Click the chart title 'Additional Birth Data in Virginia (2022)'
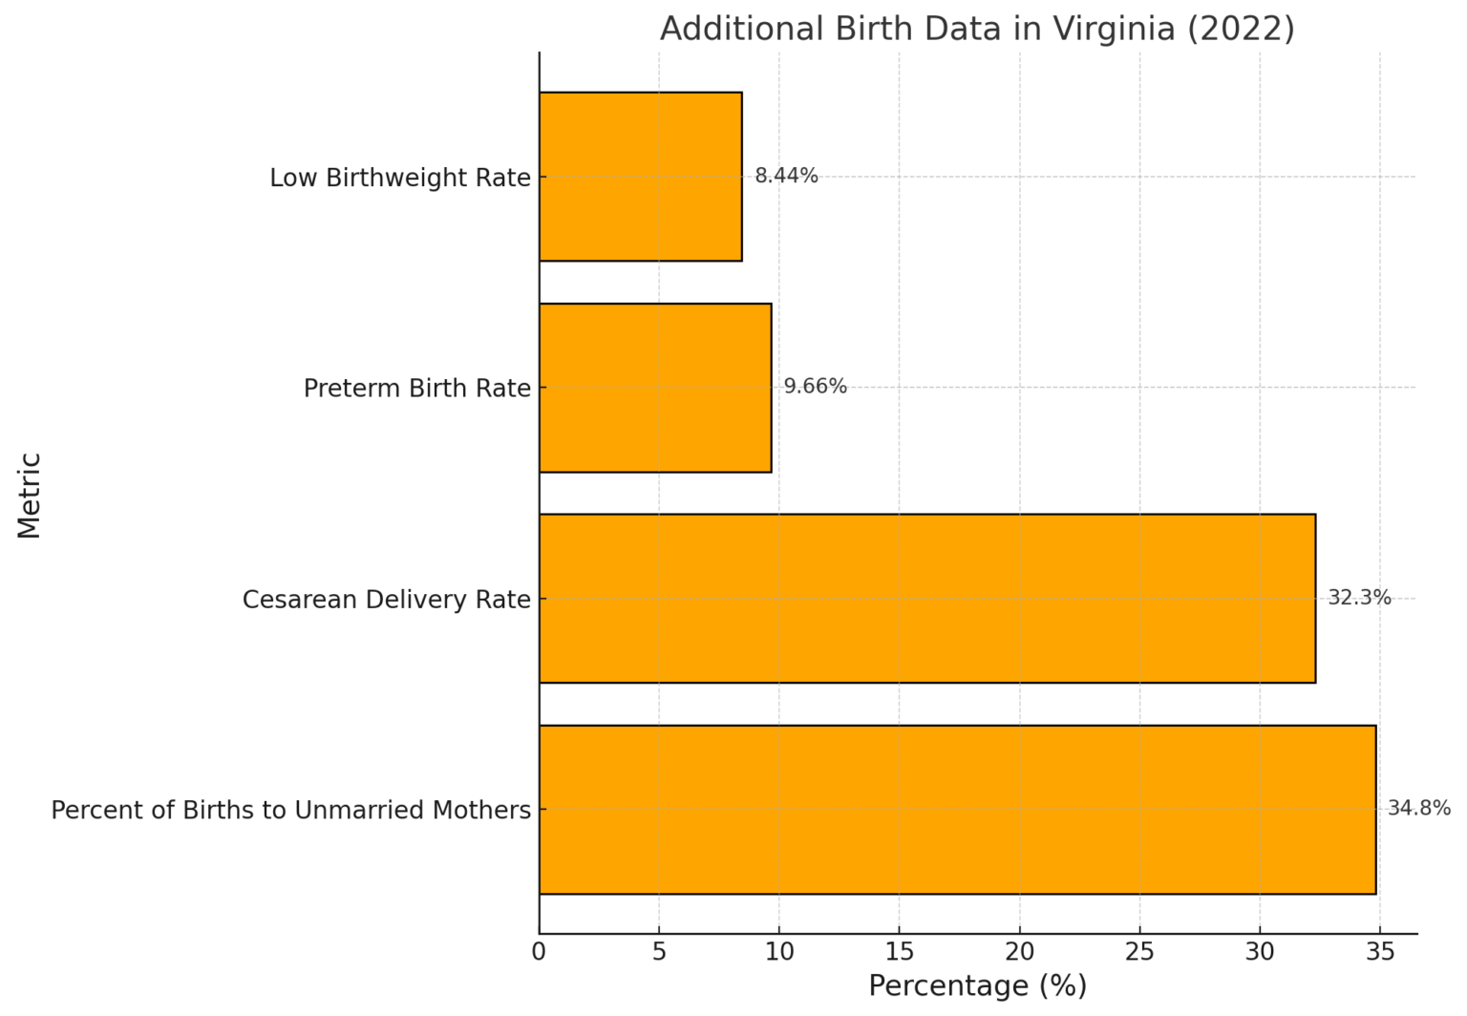tap(976, 29)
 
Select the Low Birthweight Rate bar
tap(640, 177)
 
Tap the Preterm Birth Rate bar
tap(654, 388)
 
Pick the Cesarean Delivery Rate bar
tap(926, 599)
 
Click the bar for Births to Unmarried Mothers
tap(957, 810)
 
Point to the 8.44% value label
tap(786, 176)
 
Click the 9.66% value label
tap(815, 387)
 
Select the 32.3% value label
tap(1359, 598)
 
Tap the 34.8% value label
tap(1418, 809)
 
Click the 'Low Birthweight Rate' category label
tap(399, 179)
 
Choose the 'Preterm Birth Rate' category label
tap(416, 389)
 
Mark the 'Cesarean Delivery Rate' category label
tap(386, 600)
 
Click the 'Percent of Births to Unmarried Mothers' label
tap(290, 811)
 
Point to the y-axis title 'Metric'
tap(30, 495)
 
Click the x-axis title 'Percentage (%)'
tap(977, 986)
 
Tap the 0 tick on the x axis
tap(540, 952)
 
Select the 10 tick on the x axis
tap(779, 952)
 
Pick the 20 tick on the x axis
tap(1019, 952)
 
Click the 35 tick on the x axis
tap(1379, 952)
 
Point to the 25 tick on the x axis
tap(1139, 952)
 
